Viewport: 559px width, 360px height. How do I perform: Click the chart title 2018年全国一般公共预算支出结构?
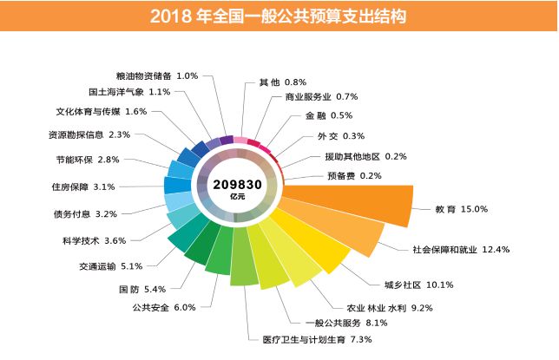click(x=279, y=16)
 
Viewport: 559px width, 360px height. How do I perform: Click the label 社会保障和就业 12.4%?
click(x=461, y=250)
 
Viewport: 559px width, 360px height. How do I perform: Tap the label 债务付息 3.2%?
click(x=84, y=213)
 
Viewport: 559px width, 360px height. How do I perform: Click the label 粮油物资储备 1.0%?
click(x=157, y=75)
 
